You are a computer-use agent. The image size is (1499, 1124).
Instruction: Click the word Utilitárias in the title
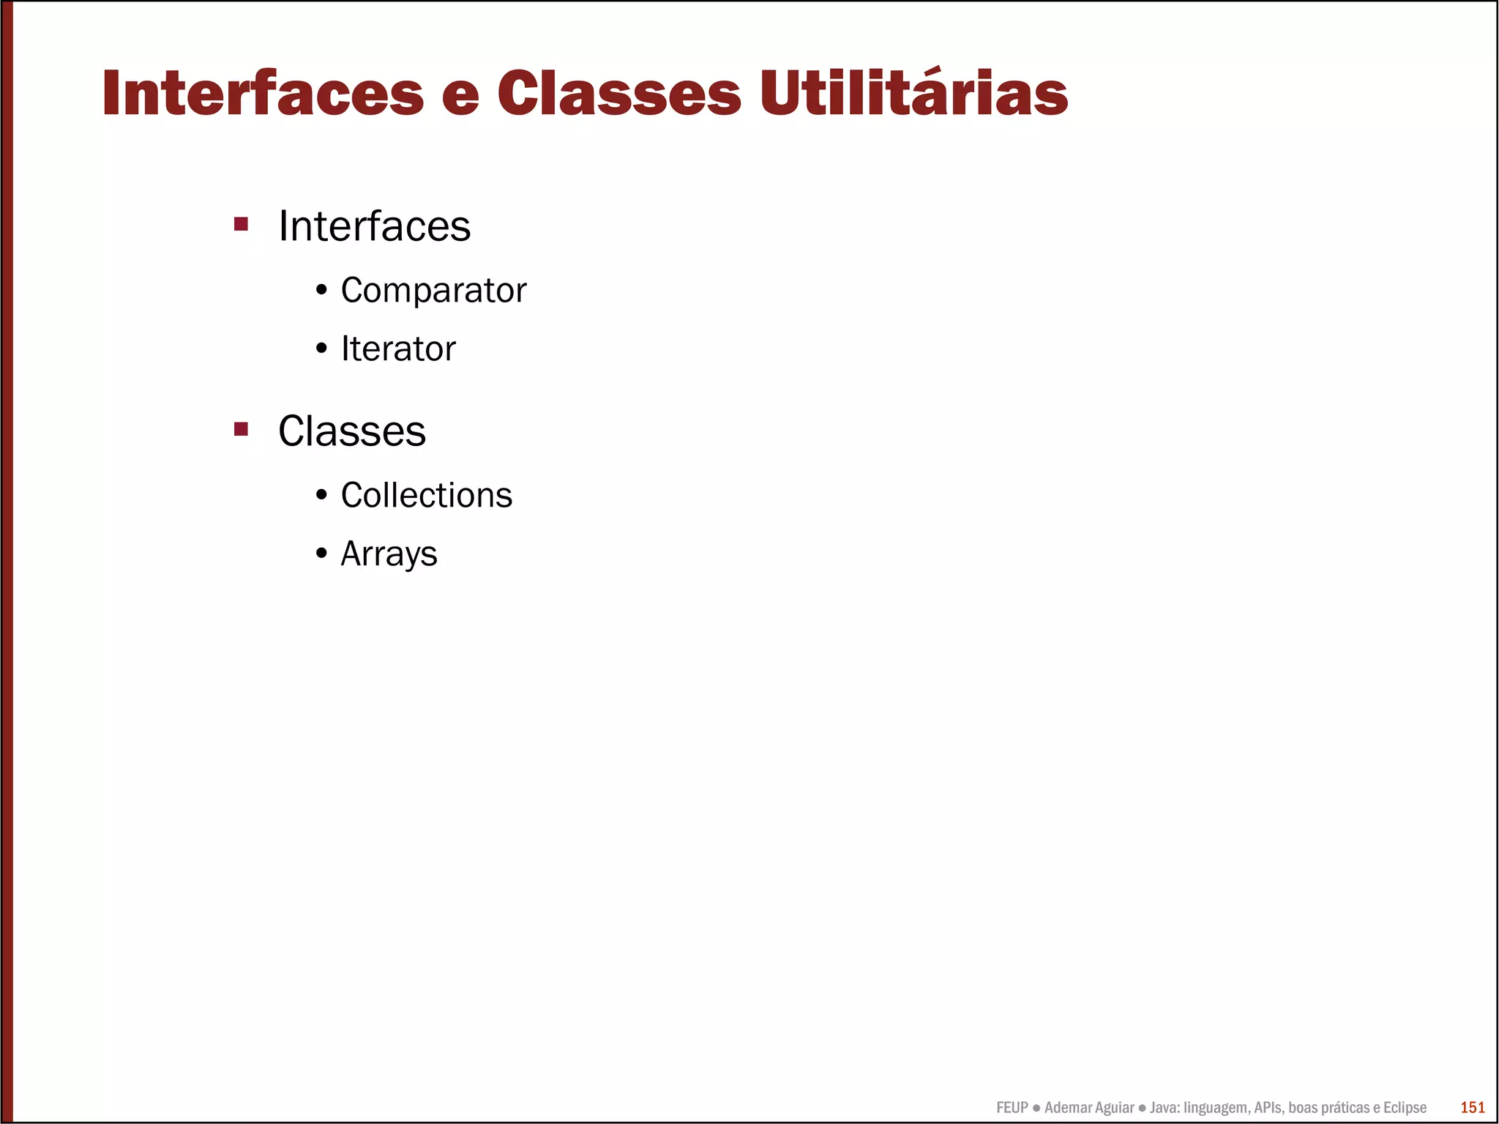click(913, 94)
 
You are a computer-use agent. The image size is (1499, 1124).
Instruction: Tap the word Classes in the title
click(618, 94)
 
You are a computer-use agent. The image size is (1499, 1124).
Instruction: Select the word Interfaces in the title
click(263, 94)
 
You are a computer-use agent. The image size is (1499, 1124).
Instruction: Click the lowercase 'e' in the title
click(460, 99)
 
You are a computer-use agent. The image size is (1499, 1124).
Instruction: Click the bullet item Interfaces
click(374, 226)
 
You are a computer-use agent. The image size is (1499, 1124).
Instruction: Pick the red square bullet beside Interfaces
click(241, 223)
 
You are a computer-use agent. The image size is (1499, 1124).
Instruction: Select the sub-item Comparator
click(433, 291)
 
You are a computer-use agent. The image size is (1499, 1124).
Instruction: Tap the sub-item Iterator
click(398, 349)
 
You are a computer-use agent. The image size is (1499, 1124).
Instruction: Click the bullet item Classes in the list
click(351, 431)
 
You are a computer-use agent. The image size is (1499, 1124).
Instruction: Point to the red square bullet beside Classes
click(241, 428)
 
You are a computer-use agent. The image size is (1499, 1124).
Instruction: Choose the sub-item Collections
click(426, 496)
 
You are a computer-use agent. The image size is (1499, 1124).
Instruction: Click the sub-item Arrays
click(389, 554)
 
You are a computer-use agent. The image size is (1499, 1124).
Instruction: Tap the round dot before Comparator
click(321, 291)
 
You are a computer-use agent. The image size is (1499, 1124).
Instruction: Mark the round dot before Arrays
click(321, 554)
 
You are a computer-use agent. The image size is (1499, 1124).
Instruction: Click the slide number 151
click(1473, 1107)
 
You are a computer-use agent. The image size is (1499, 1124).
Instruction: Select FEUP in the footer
click(1012, 1108)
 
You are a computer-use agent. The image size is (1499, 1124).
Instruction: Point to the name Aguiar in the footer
click(1113, 1108)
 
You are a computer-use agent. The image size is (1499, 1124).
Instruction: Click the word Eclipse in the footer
click(1405, 1108)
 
